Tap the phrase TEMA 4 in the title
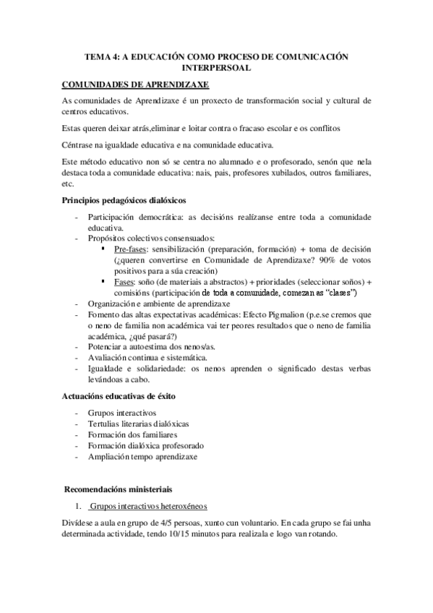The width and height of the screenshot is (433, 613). tap(100, 56)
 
